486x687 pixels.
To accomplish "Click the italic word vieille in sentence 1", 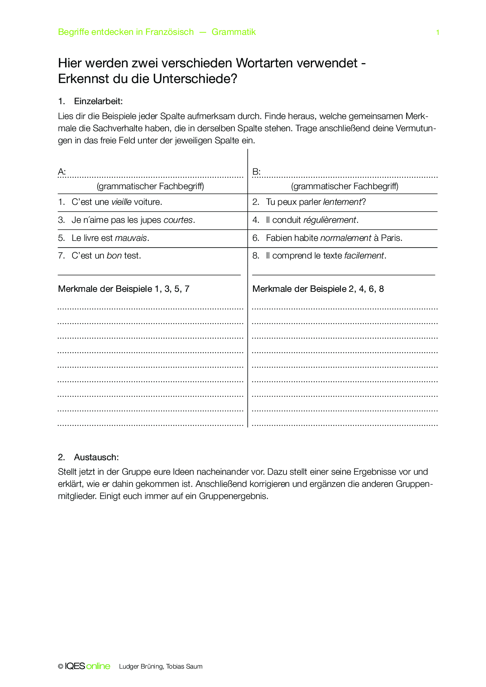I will point(121,202).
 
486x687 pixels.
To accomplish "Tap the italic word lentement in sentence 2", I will point(342,202).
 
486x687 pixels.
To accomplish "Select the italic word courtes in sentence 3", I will point(178,220).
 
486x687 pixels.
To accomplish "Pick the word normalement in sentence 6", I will point(346,238).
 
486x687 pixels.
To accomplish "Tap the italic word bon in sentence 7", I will point(114,256).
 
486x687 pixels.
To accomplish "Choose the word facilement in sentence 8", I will point(364,256).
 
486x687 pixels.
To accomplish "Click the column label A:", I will point(62,172).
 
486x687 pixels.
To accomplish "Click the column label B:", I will point(256,172).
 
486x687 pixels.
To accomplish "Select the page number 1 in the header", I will point(437,33).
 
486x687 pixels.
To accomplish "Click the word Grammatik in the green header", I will point(234,32).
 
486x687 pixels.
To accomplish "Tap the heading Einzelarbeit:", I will point(98,101).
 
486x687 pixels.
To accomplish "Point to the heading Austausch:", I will point(96,457).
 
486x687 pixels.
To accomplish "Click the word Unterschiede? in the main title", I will point(195,79).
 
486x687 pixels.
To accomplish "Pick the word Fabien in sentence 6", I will point(279,238).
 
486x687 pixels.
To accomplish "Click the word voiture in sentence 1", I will point(147,202).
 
